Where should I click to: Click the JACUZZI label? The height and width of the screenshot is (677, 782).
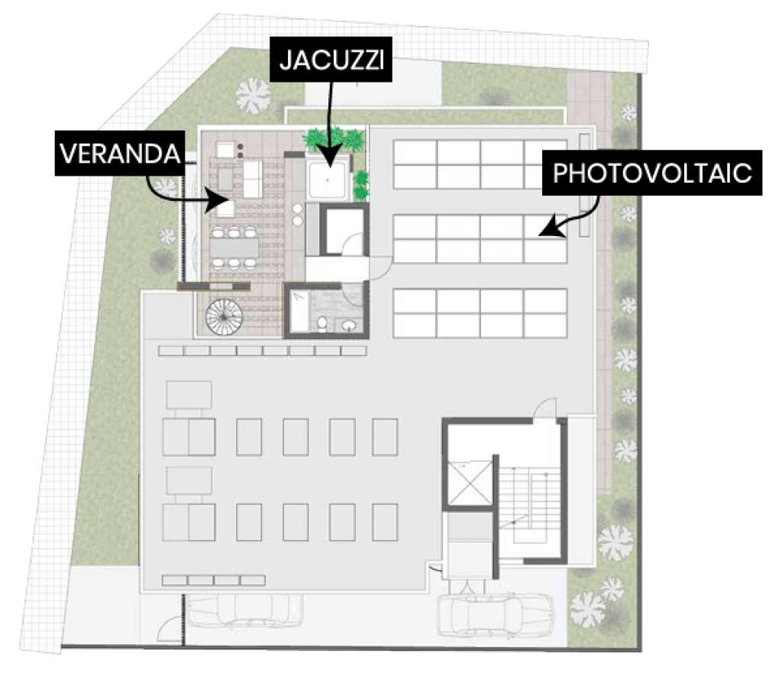point(331,60)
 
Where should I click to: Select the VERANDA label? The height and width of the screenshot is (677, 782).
point(120,153)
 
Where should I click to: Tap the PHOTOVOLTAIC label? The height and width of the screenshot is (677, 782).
point(652,173)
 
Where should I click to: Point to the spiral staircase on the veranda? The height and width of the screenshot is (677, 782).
point(224,316)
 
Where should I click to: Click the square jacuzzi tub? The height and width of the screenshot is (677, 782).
point(328,180)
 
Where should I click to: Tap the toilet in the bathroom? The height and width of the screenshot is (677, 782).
point(323,324)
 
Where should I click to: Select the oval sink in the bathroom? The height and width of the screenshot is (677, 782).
point(350,326)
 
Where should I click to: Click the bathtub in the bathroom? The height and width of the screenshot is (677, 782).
point(299,311)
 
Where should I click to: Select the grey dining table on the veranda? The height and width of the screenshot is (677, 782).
point(234,248)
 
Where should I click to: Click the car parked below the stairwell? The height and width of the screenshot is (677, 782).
point(495,613)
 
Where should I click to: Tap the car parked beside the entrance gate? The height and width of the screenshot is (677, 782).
point(242,611)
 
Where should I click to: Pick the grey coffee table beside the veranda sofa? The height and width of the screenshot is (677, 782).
point(225,178)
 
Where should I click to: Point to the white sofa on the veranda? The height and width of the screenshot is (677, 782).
point(252,179)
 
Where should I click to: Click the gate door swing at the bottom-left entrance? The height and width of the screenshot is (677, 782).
point(170,630)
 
